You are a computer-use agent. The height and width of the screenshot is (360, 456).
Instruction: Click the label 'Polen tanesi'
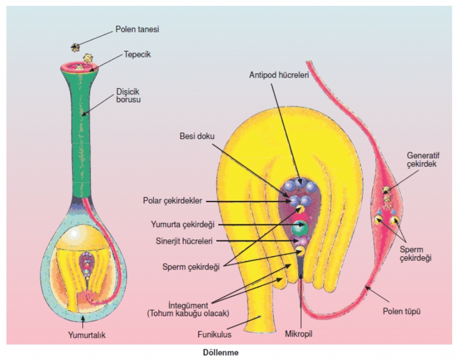(137, 28)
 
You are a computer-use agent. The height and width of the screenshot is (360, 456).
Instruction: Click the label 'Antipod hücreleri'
(279, 75)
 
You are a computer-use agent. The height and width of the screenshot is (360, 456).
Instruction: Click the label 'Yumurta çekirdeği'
(181, 225)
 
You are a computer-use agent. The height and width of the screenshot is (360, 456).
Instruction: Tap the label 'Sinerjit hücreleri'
(182, 241)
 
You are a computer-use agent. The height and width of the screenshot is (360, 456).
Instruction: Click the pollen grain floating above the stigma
(75, 47)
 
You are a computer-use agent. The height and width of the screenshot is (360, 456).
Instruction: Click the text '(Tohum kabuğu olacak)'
(187, 314)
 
